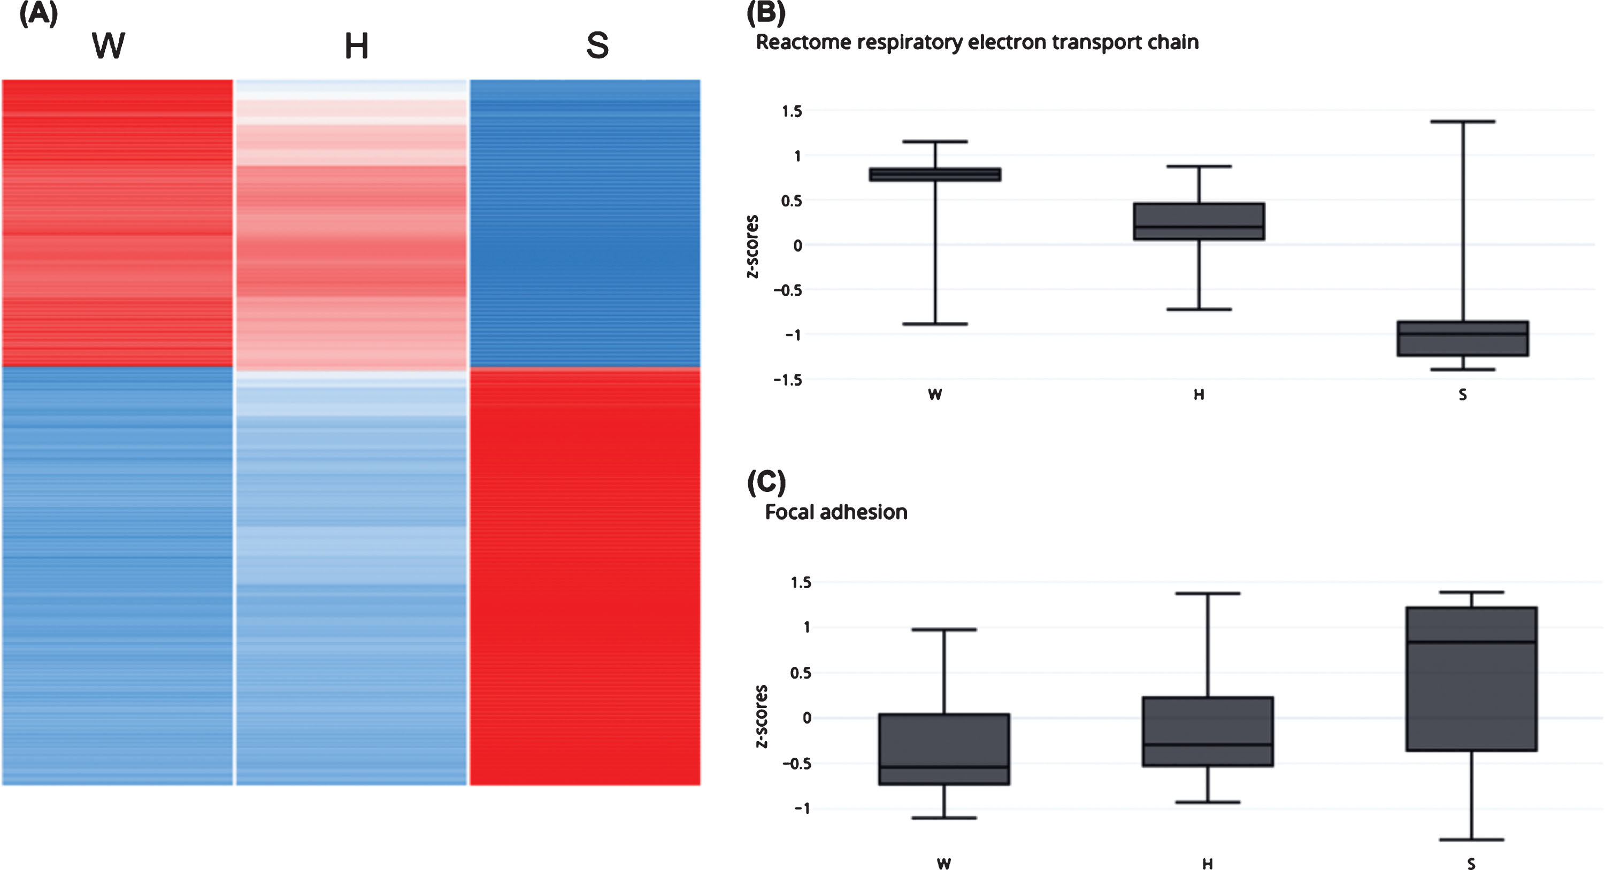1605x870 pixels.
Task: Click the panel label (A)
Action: (39, 14)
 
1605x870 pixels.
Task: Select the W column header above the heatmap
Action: (109, 45)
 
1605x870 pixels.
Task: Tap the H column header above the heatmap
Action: (356, 46)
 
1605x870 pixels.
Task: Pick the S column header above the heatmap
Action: (597, 45)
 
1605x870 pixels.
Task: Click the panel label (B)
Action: (766, 12)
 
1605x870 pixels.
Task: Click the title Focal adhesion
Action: (836, 512)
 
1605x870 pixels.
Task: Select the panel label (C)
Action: (766, 482)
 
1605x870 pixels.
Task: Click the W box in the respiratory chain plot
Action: (934, 174)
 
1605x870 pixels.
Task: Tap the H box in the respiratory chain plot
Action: (1199, 221)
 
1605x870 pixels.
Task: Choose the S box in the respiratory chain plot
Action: (1462, 338)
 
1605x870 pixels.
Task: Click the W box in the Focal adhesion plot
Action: (944, 749)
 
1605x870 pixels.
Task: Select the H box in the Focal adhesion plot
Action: (1208, 731)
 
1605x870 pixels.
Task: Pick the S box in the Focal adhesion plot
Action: (1471, 679)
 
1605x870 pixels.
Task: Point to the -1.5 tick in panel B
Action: (788, 380)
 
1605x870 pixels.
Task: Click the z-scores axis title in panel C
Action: (761, 716)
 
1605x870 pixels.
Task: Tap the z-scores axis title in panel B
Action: (752, 247)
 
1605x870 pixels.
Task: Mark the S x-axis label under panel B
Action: (1462, 395)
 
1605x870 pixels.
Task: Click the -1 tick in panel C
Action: (801, 809)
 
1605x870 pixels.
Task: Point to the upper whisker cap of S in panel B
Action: (1462, 121)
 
